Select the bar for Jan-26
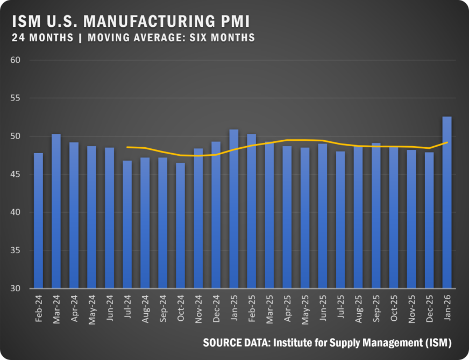coord(447,202)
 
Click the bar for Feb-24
coord(38,220)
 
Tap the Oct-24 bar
coord(180,226)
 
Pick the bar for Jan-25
coord(233,209)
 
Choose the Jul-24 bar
coord(127,225)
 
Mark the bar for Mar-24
coord(56,211)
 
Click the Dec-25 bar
coord(429,220)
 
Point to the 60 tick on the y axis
coord(15,60)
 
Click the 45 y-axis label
coord(15,174)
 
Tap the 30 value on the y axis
coord(15,289)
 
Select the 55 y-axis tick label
coord(15,98)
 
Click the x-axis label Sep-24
coord(163,308)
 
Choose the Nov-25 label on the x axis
coord(411,309)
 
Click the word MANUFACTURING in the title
coord(149,21)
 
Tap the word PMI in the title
coord(235,21)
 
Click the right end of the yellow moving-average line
coord(447,142)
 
